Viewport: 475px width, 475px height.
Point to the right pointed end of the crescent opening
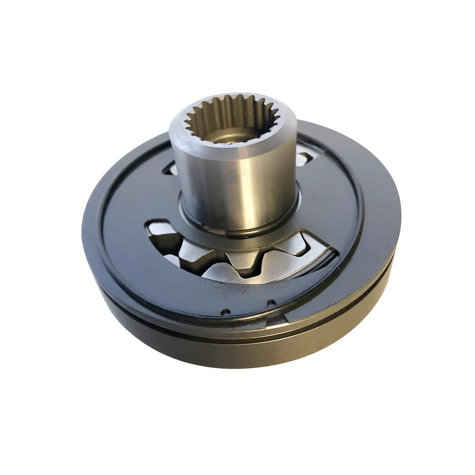coord(335,256)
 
